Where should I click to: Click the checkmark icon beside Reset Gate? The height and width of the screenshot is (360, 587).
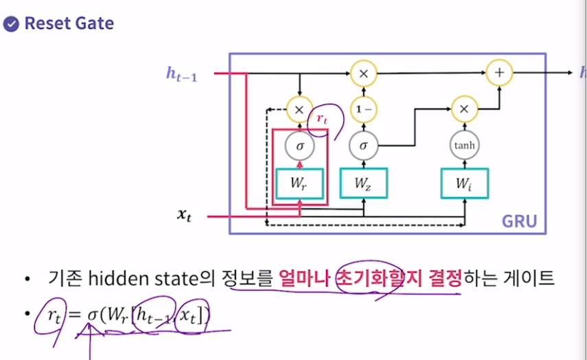(x=12, y=24)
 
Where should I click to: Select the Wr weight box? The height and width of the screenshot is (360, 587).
(x=299, y=183)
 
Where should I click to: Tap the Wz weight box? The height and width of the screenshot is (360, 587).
(x=364, y=183)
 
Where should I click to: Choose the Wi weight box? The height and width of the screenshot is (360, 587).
(x=464, y=183)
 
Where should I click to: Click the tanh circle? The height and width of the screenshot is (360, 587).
(x=464, y=145)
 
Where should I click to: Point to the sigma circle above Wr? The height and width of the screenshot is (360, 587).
(x=299, y=145)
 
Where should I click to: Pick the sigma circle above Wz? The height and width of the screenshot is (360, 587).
(x=364, y=145)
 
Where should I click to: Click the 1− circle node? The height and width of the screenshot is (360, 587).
(x=364, y=109)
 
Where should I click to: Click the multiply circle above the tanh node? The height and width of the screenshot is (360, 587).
(x=464, y=109)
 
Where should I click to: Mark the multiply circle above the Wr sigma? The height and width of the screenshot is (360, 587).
(x=299, y=109)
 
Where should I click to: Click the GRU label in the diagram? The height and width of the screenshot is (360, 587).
(x=519, y=221)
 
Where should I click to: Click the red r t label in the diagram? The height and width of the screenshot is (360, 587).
(x=322, y=118)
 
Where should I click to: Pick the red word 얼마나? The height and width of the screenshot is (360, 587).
(x=304, y=278)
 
